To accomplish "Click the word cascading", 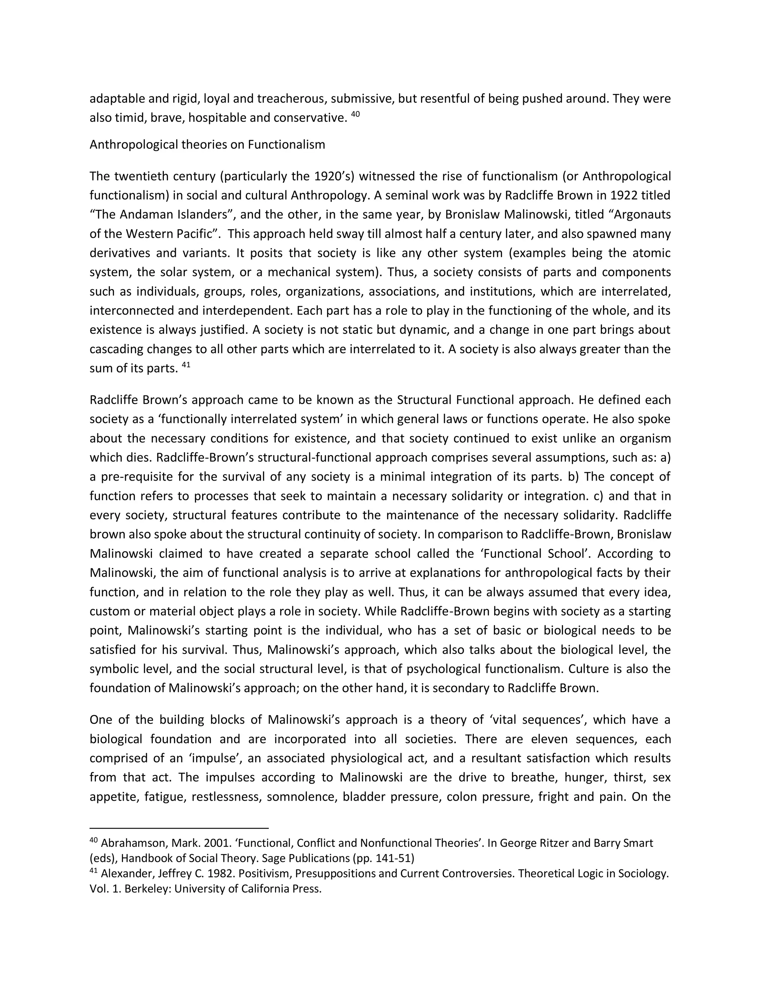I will (116, 349).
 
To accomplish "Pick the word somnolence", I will (302, 797).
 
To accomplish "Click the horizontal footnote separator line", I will (179, 829).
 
